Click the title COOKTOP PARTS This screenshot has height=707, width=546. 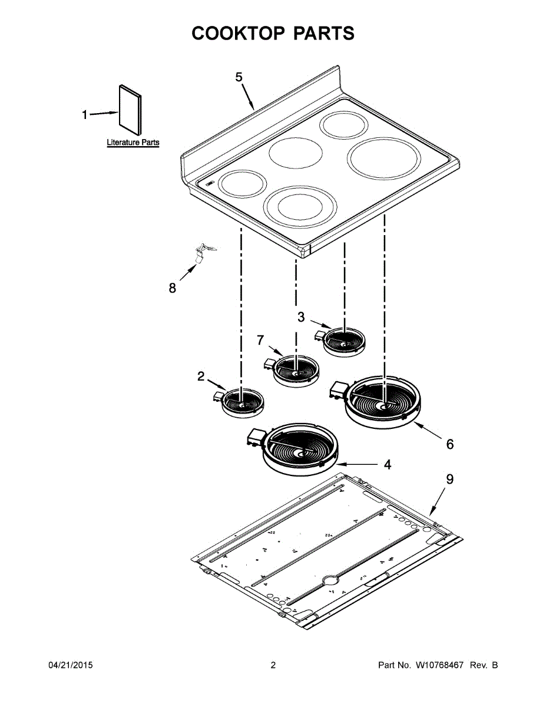pyautogui.click(x=273, y=34)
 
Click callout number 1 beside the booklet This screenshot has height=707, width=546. pyautogui.click(x=85, y=115)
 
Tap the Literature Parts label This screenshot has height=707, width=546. pyautogui.click(x=133, y=143)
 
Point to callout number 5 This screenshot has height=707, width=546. pyautogui.click(x=239, y=77)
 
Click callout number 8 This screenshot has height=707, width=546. pyautogui.click(x=172, y=288)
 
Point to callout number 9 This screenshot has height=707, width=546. pyautogui.click(x=449, y=479)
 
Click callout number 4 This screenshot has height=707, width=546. pyautogui.click(x=387, y=465)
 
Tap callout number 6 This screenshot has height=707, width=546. pyautogui.click(x=449, y=444)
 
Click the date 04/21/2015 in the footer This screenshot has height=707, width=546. pyautogui.click(x=70, y=665)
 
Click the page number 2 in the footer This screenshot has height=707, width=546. pyautogui.click(x=273, y=665)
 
